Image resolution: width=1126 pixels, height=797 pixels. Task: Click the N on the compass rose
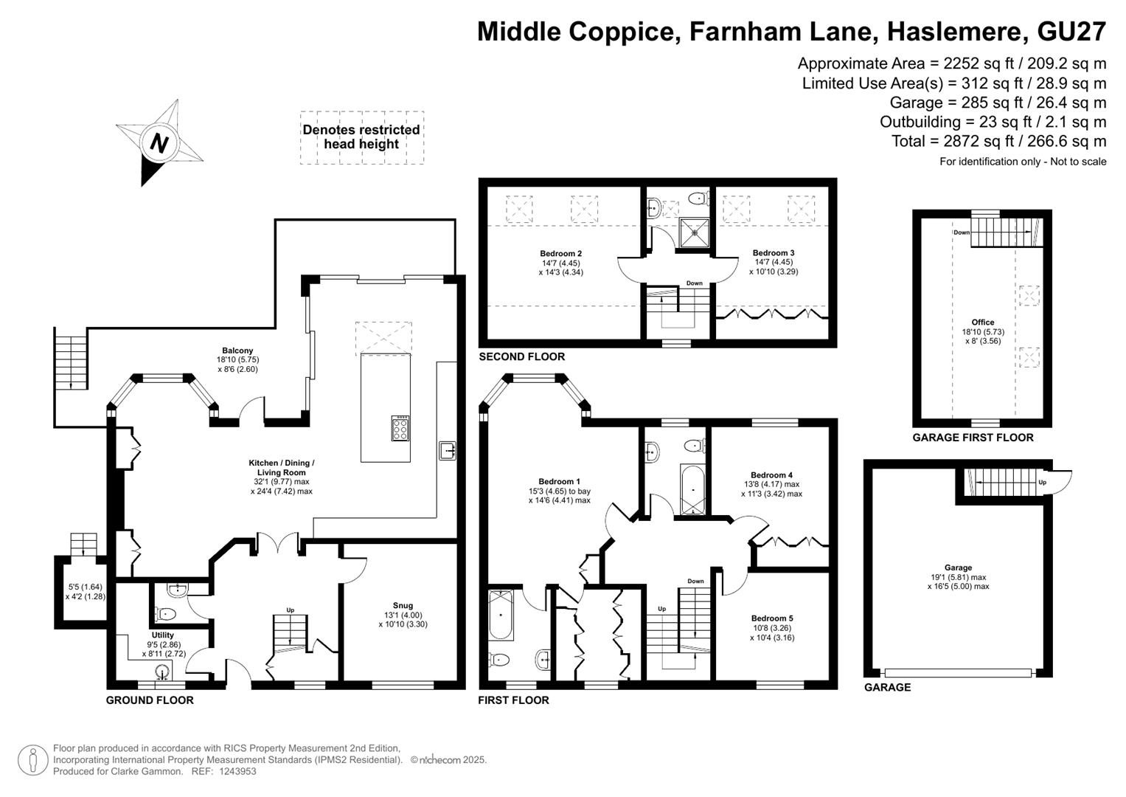pos(159,143)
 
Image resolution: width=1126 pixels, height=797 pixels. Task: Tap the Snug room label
pos(403,606)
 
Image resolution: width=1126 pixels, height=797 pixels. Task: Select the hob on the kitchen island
pos(400,428)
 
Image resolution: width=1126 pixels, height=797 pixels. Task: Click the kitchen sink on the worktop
pos(447,450)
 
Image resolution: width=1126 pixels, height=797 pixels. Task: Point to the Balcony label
pos(237,351)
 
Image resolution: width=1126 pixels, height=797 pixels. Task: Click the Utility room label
pos(163,635)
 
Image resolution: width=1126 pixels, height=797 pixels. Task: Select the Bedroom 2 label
pos(561,254)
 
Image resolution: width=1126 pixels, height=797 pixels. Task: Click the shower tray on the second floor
pos(694,233)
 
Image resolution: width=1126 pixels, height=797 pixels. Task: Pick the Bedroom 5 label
pos(772,618)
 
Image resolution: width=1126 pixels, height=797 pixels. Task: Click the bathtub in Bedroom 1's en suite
pos(501,615)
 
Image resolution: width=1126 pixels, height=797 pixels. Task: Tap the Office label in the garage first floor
pos(983,322)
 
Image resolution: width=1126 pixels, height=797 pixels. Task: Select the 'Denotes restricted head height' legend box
pos(362,137)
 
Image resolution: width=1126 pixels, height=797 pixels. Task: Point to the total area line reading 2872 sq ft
pos(999,142)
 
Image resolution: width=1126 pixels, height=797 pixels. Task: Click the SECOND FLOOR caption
pos(522,356)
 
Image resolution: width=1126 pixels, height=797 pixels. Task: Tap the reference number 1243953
pos(237,771)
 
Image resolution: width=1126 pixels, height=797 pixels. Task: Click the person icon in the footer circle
pos(33,760)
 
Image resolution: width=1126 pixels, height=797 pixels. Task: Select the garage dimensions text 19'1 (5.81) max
pos(958,577)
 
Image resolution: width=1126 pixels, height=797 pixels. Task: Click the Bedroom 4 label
pos(771,475)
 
